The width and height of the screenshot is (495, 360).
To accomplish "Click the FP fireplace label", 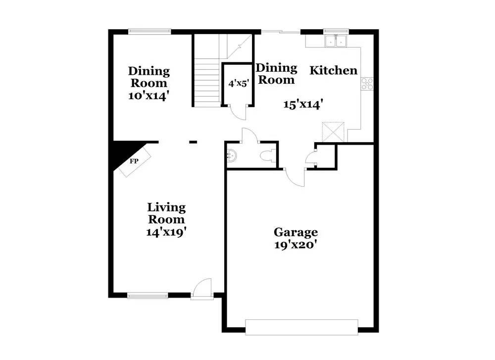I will click(134, 161).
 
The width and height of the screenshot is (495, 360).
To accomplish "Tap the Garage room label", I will click(296, 232).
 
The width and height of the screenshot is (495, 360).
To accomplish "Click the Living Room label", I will click(166, 213).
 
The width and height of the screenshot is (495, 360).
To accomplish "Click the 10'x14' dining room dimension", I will click(149, 96).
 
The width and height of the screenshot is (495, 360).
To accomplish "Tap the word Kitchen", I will click(333, 70).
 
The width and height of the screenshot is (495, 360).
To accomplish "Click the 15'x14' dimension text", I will click(303, 104).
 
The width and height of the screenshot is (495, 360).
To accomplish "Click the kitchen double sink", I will click(337, 41).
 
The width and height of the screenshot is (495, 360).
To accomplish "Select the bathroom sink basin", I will click(232, 156).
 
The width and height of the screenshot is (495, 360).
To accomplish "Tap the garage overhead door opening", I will click(301, 327).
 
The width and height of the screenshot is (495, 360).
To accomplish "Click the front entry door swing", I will click(203, 288).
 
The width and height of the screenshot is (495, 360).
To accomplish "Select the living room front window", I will click(148, 296).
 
